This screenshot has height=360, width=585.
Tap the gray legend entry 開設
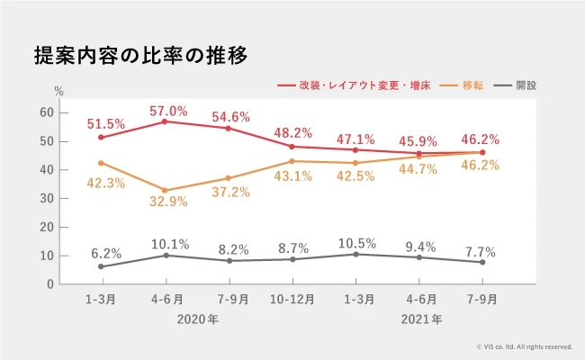pyautogui.click(x=526, y=85)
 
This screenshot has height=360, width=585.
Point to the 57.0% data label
pyautogui.click(x=168, y=112)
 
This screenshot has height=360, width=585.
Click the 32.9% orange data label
pyautogui.click(x=168, y=202)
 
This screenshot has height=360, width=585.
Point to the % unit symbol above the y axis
pyautogui.click(x=59, y=91)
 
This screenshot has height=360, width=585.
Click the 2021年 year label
pyautogui.click(x=422, y=319)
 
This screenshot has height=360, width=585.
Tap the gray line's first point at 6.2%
pyautogui.click(x=101, y=266)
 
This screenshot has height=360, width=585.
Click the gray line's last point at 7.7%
pyautogui.click(x=482, y=262)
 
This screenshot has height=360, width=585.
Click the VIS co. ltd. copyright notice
pyautogui.click(x=525, y=346)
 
